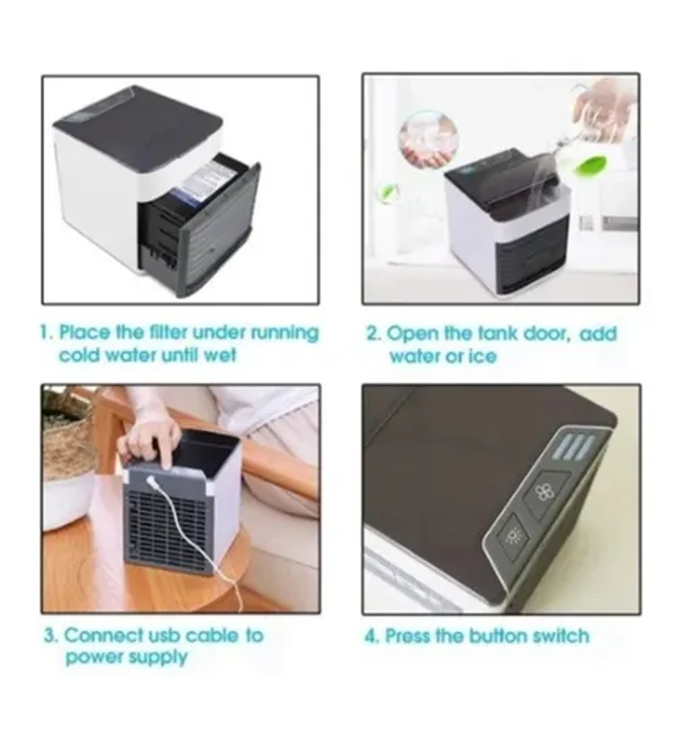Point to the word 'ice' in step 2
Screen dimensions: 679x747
[x=483, y=356]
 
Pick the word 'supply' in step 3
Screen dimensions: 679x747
[x=158, y=658]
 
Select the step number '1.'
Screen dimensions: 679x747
[x=47, y=332]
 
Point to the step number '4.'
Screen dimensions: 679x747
[x=372, y=636]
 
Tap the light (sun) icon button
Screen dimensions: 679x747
[x=512, y=536]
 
